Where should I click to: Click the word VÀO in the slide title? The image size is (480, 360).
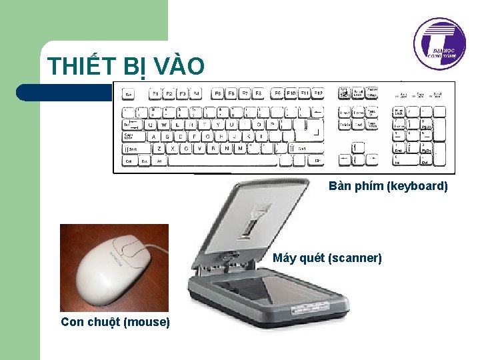tap(178, 67)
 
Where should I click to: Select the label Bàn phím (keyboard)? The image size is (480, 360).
tap(388, 186)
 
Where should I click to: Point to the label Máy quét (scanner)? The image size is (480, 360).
tap(327, 258)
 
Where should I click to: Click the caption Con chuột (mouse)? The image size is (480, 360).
tap(115, 322)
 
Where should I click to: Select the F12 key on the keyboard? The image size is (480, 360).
tap(318, 93)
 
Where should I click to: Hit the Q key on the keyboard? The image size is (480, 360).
tap(149, 124)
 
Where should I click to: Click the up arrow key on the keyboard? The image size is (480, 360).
tap(357, 146)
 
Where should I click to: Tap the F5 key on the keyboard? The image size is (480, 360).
tap(217, 94)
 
